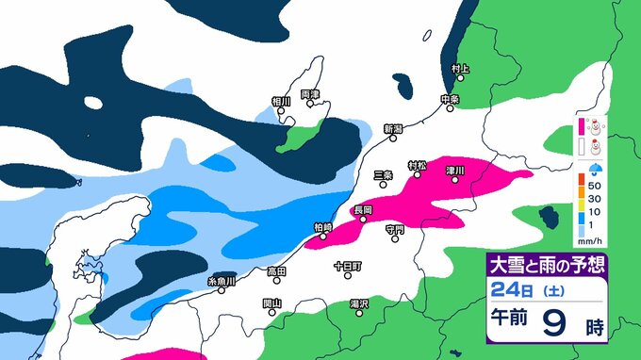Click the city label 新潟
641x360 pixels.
pyautogui.click(x=393, y=128)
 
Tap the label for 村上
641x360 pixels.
pyautogui.click(x=460, y=69)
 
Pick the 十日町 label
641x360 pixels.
pyautogui.click(x=347, y=267)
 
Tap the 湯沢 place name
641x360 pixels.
pyautogui.click(x=358, y=303)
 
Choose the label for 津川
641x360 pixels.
pyautogui.click(x=455, y=171)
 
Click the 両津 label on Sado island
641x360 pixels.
pyautogui.click(x=310, y=94)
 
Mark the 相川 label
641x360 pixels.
pyautogui.click(x=281, y=101)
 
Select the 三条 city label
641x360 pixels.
pyautogui.click(x=383, y=174)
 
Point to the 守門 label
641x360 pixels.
pyautogui.click(x=395, y=229)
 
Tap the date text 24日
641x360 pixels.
pyautogui.click(x=504, y=291)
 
